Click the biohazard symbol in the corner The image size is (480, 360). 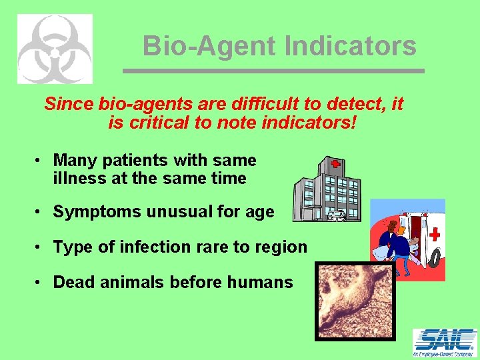(55, 49)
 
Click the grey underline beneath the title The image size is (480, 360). (273, 71)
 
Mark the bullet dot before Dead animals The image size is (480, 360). (40, 282)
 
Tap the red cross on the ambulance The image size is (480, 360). (435, 235)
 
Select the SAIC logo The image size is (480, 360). (445, 343)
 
